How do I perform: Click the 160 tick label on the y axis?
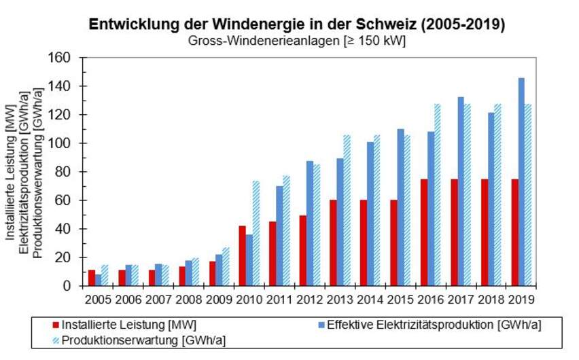click(62, 58)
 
